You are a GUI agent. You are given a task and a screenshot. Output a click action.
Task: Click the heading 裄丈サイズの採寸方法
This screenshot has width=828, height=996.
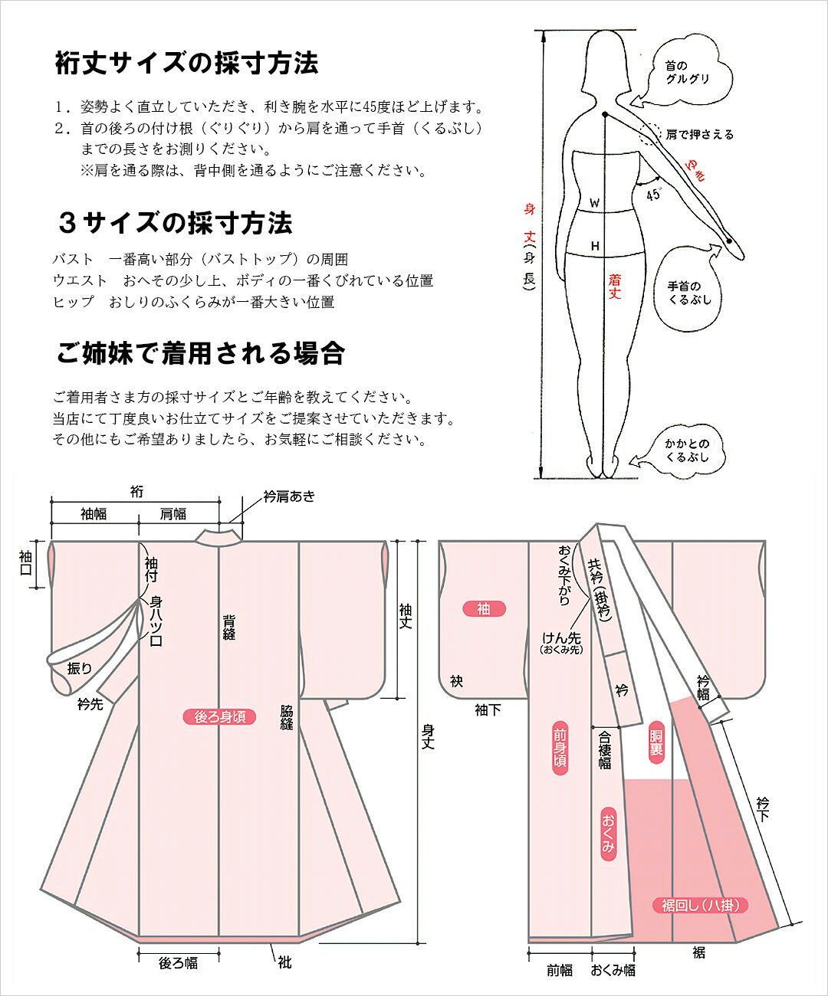[x=186, y=63]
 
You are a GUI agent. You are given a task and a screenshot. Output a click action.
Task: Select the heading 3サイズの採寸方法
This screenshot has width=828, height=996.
[x=176, y=223]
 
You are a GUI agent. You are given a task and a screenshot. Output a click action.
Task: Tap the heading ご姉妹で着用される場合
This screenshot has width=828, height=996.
[x=201, y=353]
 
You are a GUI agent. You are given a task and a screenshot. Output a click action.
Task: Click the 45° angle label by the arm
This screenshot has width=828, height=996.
[x=653, y=195]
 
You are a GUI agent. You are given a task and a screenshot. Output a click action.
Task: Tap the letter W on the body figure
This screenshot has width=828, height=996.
[x=594, y=204]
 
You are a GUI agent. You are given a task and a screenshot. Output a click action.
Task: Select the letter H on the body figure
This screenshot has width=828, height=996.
[x=594, y=246]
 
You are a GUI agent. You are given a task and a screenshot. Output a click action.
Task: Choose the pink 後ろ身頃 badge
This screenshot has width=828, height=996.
[x=219, y=717]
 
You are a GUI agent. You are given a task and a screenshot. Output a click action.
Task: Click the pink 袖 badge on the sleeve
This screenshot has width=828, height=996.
[x=484, y=609]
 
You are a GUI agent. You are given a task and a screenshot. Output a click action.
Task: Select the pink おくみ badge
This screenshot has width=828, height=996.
[x=608, y=834]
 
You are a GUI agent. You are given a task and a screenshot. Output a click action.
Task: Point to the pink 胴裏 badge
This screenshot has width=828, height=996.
[x=655, y=739]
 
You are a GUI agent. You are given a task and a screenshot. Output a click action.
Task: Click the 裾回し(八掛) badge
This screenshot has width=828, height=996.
[x=700, y=905]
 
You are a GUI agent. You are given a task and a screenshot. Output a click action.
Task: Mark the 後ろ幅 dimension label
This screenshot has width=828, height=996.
[x=178, y=963]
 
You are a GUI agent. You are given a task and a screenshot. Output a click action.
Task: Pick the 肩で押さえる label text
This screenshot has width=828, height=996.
[x=699, y=135]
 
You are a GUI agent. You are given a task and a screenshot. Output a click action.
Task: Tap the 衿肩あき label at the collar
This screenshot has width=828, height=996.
[x=288, y=496]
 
